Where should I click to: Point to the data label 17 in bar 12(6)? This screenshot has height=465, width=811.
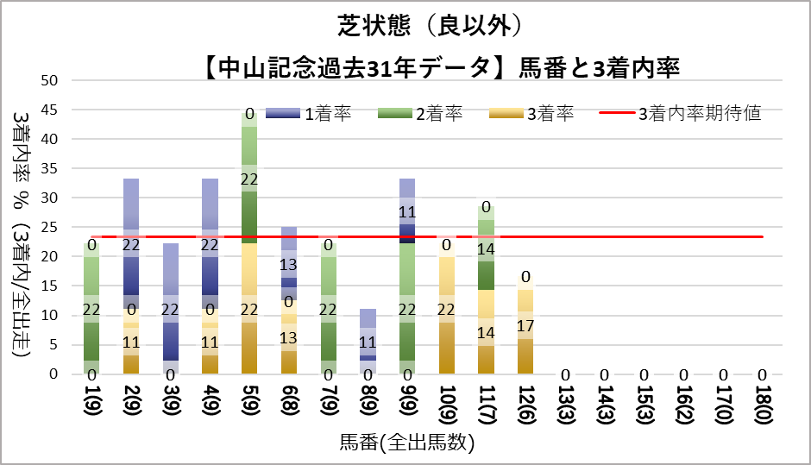(525, 327)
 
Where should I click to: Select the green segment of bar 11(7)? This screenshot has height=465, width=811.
(486, 250)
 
